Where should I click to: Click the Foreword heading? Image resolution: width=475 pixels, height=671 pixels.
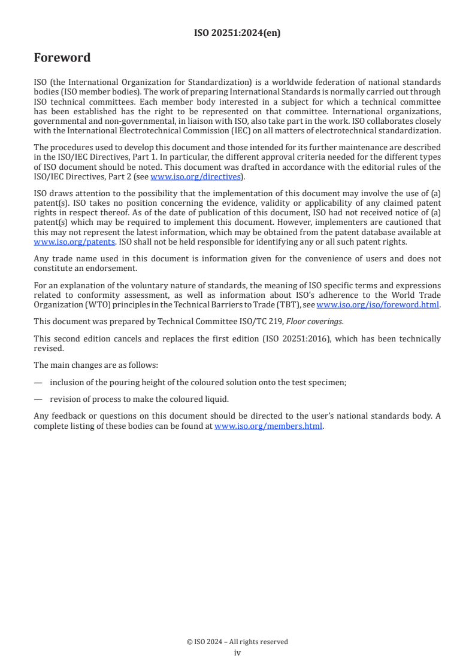[x=62, y=58]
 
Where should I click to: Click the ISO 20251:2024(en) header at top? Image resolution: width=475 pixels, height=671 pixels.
[x=237, y=33]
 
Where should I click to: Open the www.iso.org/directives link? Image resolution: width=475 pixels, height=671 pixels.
[x=195, y=176]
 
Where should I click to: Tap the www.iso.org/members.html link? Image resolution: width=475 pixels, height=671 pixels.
[x=268, y=426]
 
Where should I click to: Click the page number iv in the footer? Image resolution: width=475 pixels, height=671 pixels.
[x=237, y=652]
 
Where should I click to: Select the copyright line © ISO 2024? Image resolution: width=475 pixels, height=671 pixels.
[x=237, y=642]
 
